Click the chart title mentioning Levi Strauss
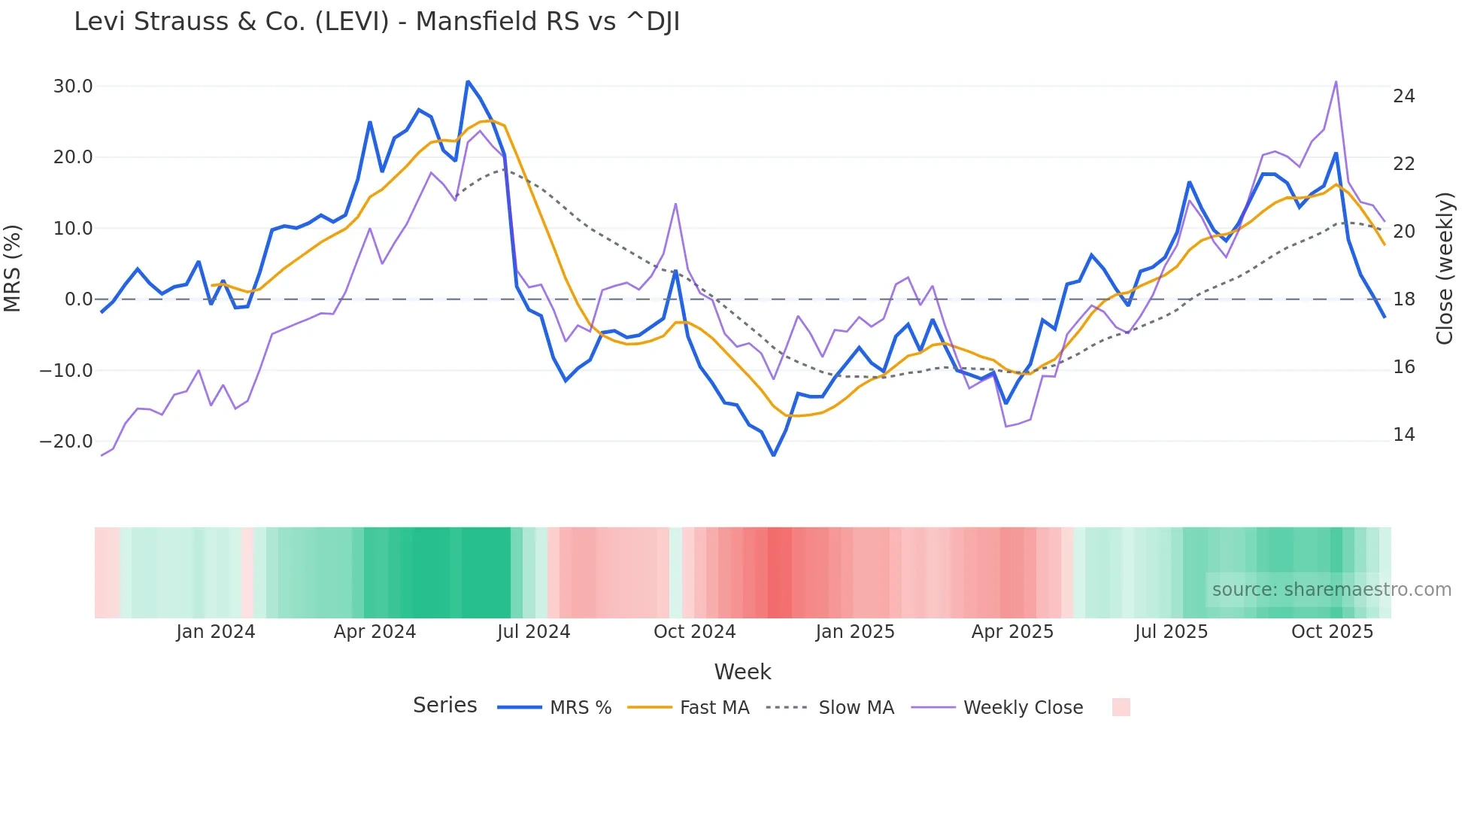(x=376, y=22)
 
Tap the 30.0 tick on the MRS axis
(x=73, y=87)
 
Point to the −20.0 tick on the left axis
(x=66, y=442)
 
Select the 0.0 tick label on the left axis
(x=79, y=299)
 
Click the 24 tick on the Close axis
(x=1403, y=96)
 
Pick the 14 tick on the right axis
(x=1403, y=435)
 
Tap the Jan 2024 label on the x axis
(x=215, y=632)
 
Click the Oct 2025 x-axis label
(x=1332, y=632)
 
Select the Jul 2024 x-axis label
(x=533, y=632)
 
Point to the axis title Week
(x=742, y=672)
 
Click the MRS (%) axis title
(x=13, y=268)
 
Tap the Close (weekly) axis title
(x=1444, y=269)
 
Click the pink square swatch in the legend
(x=1121, y=707)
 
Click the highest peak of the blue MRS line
(x=468, y=81)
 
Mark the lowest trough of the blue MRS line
(x=773, y=455)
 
